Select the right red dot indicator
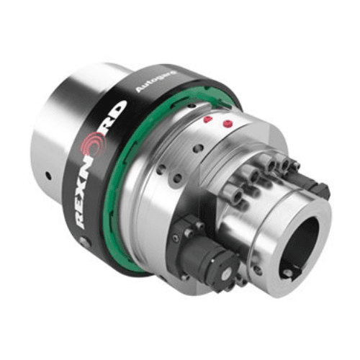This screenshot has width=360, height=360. pyautogui.click(x=228, y=124)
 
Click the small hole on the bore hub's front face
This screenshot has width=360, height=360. pyautogui.click(x=257, y=270)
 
